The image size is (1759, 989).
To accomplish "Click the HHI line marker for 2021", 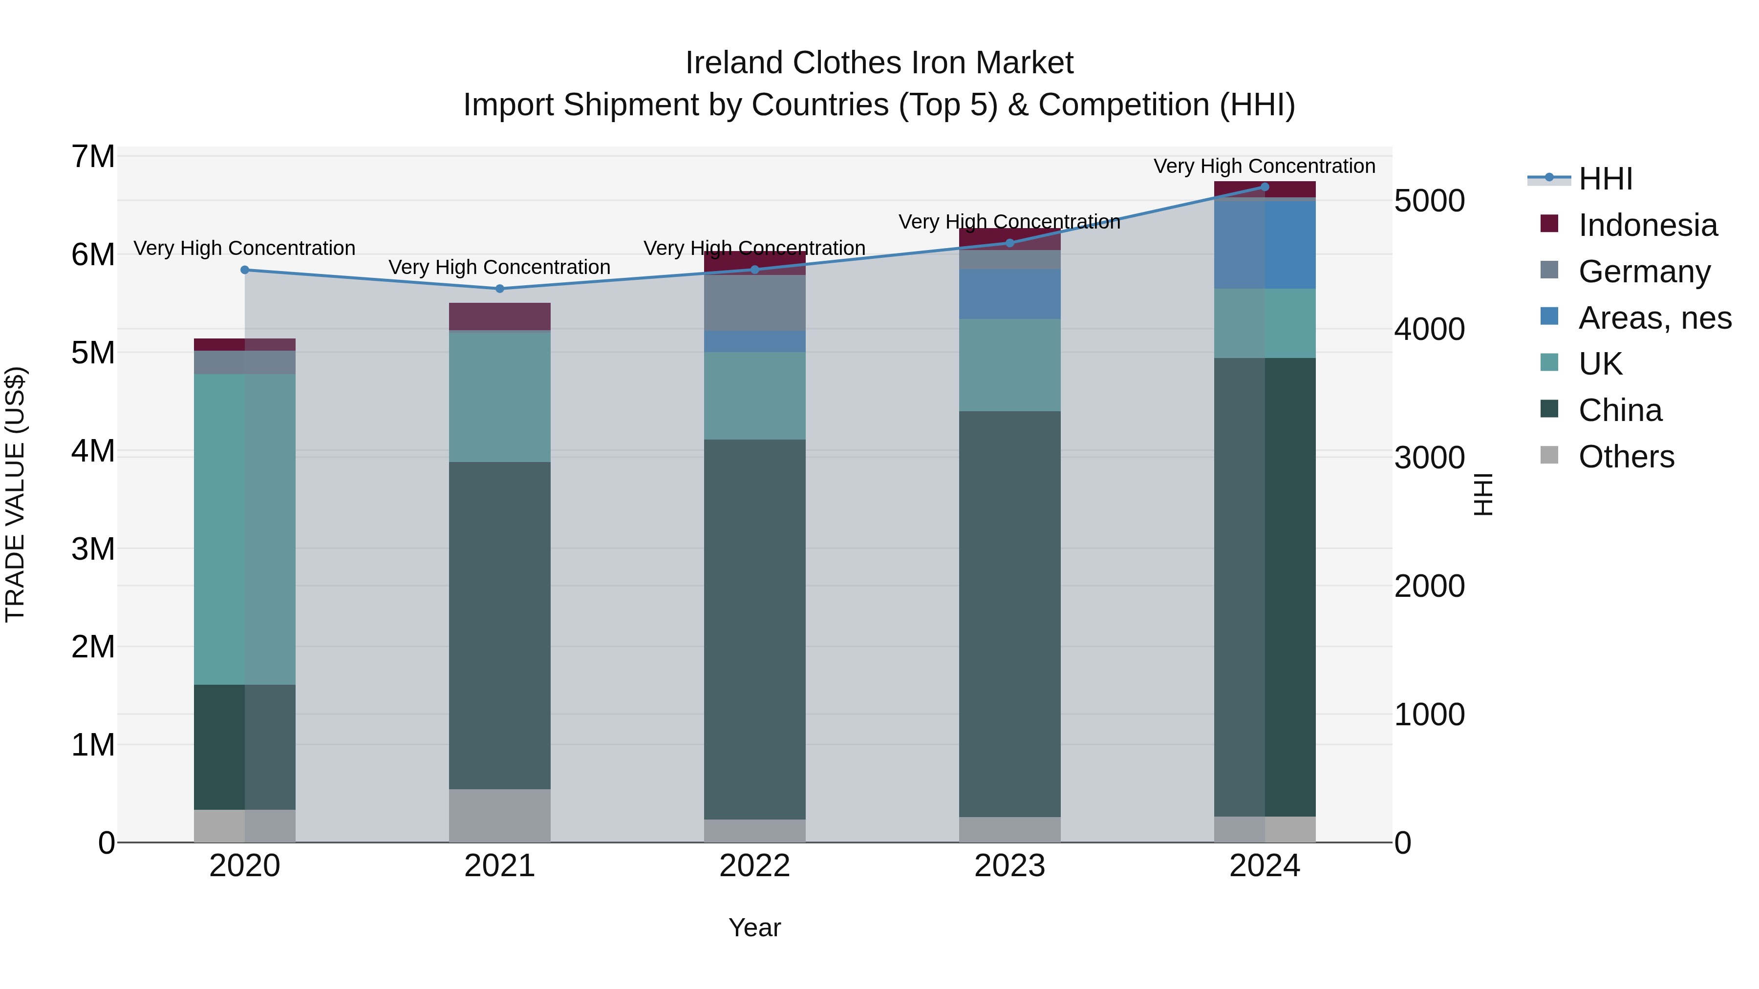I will point(499,289).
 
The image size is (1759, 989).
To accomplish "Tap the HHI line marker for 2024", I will point(1265,187).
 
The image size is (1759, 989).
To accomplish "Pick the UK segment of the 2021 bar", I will point(499,396).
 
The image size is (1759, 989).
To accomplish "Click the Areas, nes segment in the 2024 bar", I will point(1265,244).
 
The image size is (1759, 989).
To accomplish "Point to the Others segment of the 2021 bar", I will point(499,816).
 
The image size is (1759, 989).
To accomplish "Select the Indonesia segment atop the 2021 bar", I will point(499,316).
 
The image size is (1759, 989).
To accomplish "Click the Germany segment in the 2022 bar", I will point(754,302).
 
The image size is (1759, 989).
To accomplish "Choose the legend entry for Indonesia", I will point(1647,225).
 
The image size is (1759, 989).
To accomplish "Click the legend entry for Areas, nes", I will point(1654,318).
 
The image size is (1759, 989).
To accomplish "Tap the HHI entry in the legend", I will point(1605,179).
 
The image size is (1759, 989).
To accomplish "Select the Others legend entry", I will point(1625,457).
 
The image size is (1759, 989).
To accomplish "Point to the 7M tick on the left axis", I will point(93,156).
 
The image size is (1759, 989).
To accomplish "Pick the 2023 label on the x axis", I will point(1009,866).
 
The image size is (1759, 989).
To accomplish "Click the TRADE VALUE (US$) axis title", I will point(15,494).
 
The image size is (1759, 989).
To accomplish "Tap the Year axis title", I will point(754,927).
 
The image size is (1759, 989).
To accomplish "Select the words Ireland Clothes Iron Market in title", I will point(879,63).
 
